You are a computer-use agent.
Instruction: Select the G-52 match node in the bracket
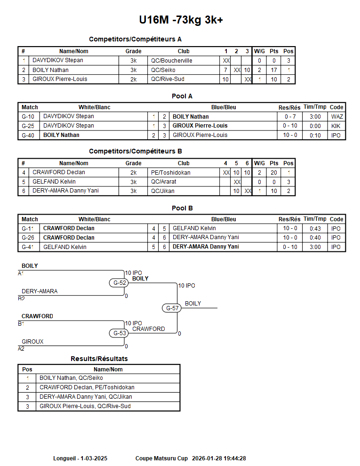pos(120,283)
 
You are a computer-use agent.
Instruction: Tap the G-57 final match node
pos(173,308)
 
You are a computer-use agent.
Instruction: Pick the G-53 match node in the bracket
pos(120,333)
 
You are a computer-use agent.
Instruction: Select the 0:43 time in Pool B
pos(315,229)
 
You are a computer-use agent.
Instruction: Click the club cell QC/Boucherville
pos(171,61)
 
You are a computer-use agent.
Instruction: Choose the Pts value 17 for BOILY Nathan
pos(273,70)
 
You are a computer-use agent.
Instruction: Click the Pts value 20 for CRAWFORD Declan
pos(273,173)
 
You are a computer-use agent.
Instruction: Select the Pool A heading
pos(182,96)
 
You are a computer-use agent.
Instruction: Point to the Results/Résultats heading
pos(99,359)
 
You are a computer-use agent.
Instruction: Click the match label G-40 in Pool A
pos(28,135)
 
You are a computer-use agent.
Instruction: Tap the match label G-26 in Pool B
pos(28,238)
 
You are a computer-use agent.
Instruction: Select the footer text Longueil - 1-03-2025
pos(80,458)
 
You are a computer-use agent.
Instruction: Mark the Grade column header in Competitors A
pos(133,51)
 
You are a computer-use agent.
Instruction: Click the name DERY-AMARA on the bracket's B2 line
pos(40,291)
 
